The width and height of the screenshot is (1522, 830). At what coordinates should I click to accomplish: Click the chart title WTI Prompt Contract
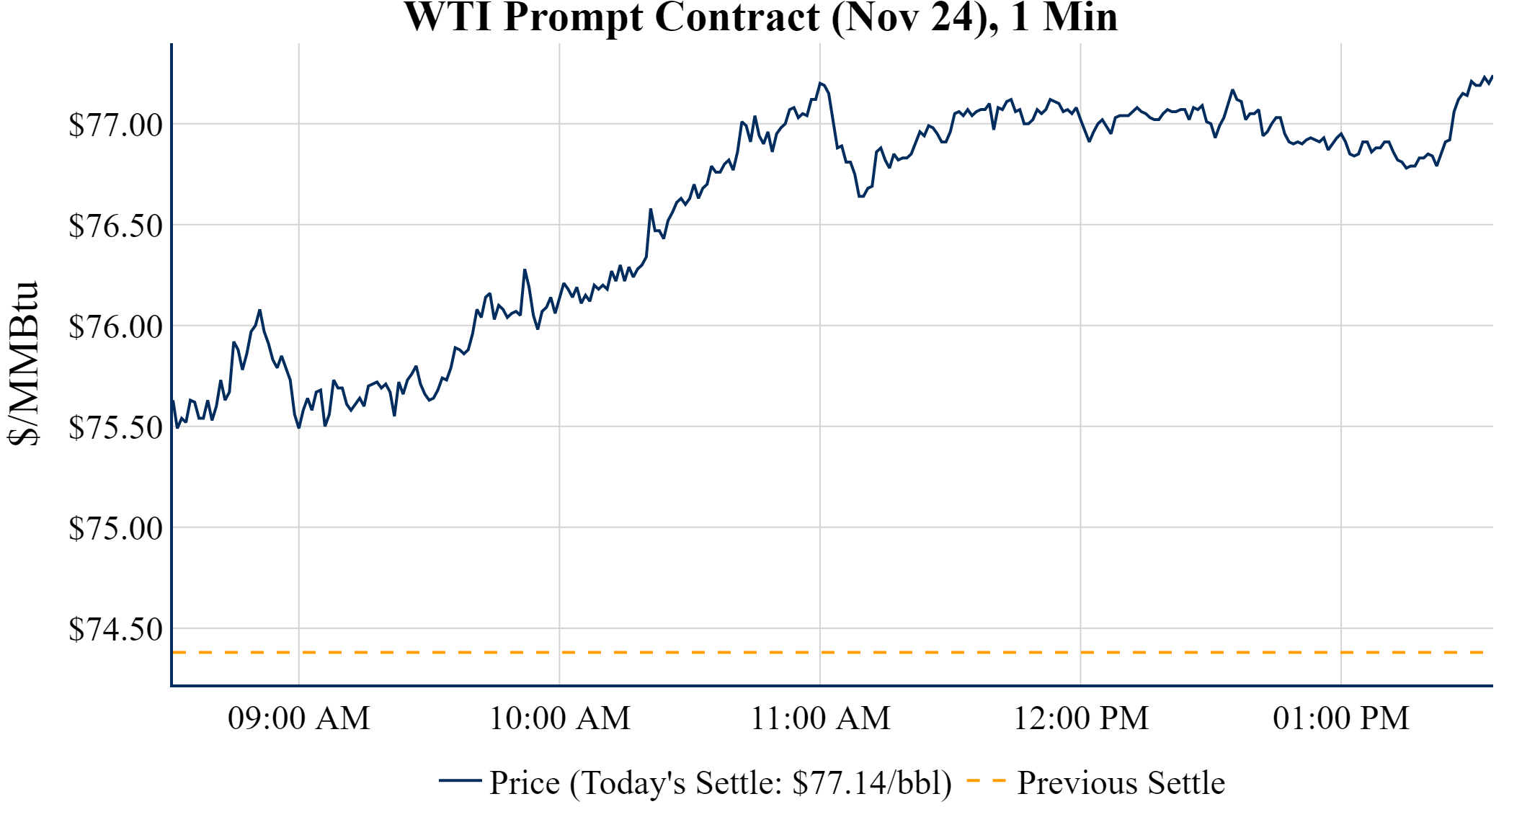(x=760, y=17)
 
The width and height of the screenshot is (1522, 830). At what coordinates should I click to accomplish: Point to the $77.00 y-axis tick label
(x=115, y=125)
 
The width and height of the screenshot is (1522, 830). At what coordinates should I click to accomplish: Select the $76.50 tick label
(x=115, y=226)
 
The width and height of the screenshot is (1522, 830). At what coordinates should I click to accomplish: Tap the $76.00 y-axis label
(x=115, y=326)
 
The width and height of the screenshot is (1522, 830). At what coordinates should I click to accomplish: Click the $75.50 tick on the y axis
(x=115, y=427)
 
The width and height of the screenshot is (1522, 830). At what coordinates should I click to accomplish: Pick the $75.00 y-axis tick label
(x=115, y=528)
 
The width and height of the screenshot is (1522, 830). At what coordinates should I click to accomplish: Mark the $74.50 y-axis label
(x=115, y=629)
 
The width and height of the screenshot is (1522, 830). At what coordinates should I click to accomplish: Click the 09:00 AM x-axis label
(x=299, y=718)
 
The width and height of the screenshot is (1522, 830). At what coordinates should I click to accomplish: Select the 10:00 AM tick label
(x=560, y=718)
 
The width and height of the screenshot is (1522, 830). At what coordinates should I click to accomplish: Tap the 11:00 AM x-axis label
(x=821, y=718)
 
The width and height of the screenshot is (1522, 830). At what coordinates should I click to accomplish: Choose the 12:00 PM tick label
(x=1081, y=718)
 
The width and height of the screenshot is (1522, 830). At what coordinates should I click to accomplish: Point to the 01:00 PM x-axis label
(x=1341, y=718)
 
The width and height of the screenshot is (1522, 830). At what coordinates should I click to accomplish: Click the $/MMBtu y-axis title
(x=23, y=364)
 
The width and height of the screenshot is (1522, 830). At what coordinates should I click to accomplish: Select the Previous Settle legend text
(x=1121, y=783)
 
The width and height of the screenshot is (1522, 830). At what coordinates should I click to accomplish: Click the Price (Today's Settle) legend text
(x=721, y=783)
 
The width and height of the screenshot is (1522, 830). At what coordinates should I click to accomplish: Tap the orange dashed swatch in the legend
(x=986, y=781)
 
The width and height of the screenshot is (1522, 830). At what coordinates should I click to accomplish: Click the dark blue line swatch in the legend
(x=460, y=781)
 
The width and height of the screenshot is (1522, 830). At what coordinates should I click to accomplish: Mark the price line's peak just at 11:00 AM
(x=820, y=83)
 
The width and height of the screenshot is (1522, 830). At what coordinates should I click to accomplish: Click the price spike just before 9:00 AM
(x=259, y=311)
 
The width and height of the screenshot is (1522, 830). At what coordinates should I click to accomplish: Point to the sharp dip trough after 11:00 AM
(x=860, y=196)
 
